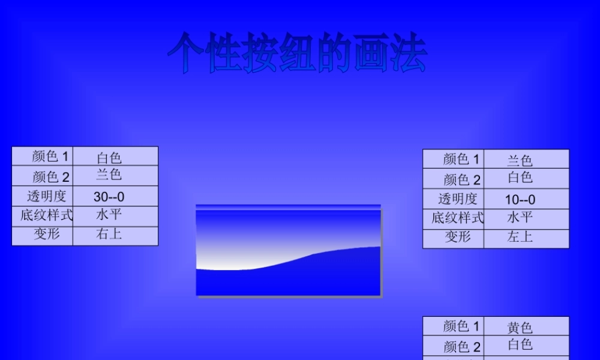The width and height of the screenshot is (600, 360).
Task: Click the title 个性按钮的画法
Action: (297, 54)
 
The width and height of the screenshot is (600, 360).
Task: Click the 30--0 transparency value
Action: (109, 197)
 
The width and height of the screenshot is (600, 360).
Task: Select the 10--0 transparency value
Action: (520, 199)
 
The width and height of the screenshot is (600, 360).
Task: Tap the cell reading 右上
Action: (109, 235)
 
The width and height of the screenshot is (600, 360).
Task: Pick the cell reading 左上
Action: (520, 237)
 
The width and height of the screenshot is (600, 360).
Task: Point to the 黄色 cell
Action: (520, 328)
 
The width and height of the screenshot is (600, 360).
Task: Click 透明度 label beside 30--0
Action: (46, 196)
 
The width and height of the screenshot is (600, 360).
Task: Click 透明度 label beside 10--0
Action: (457, 199)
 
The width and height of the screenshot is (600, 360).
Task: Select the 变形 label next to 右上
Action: (46, 235)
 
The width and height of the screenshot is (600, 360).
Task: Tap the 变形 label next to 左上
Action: (457, 237)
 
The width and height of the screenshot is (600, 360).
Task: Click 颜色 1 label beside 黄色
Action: (461, 326)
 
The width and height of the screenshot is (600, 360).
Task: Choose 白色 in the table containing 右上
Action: (109, 158)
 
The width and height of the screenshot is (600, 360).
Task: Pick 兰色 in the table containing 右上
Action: (109, 175)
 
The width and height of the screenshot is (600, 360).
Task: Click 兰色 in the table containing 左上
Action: (520, 160)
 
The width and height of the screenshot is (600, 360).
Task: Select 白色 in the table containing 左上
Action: (520, 178)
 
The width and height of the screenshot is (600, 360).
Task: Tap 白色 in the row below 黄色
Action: (520, 344)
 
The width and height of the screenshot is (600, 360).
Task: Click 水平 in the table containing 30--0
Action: (109, 215)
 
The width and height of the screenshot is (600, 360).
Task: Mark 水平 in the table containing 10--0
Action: (520, 217)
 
